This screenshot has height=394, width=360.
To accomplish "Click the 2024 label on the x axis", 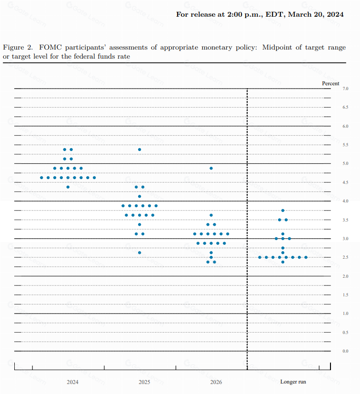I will (x=73, y=382).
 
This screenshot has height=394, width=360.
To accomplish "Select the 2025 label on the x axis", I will (x=144, y=382).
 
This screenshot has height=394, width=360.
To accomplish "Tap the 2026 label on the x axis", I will (x=216, y=382).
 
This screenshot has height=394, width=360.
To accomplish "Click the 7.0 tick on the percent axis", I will (x=346, y=89).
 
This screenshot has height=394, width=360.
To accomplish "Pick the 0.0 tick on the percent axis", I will (x=346, y=351).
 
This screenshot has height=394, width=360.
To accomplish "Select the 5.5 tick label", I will (x=346, y=145).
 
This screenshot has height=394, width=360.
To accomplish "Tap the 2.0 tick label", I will (x=346, y=276).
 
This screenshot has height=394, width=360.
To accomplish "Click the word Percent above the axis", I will (x=330, y=83).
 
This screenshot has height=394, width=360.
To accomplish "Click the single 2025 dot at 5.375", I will (x=140, y=150).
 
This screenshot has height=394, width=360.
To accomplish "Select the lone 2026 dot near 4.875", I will (x=211, y=168).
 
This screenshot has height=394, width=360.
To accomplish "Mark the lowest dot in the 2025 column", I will (x=140, y=253).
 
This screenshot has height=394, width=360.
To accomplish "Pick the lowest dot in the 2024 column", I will (x=68, y=187).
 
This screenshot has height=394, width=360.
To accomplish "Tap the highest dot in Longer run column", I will (x=283, y=211).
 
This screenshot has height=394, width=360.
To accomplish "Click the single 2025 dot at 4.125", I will (x=140, y=196).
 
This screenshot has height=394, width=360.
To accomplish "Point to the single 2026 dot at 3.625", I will (x=211, y=215).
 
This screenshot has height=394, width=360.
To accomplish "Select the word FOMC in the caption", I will (x=49, y=48).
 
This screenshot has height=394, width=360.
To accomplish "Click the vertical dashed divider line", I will (x=247, y=229).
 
